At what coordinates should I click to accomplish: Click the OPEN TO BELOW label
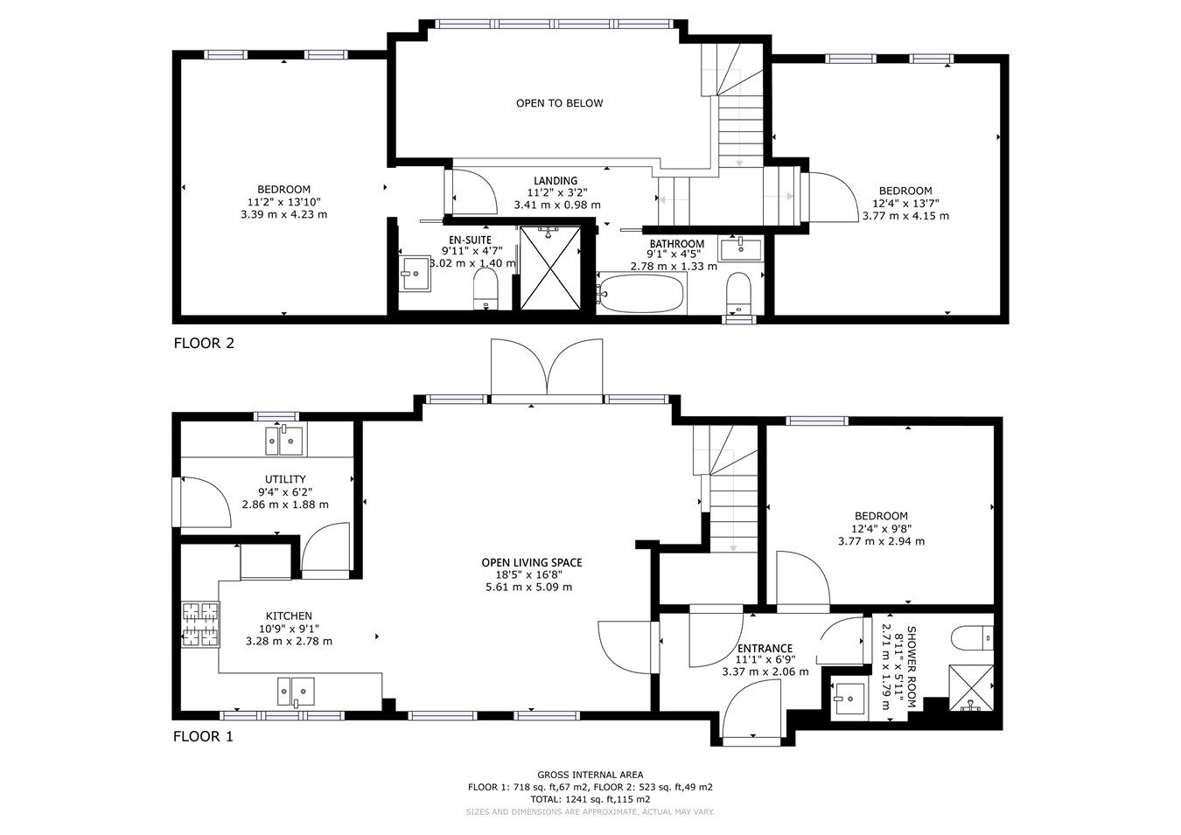pyautogui.click(x=559, y=103)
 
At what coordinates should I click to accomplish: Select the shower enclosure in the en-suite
pyautogui.click(x=549, y=268)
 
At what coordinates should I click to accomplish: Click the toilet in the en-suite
pyautogui.click(x=485, y=288)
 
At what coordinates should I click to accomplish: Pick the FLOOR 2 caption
pyautogui.click(x=204, y=344)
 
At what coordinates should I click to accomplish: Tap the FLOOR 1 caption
pyautogui.click(x=203, y=736)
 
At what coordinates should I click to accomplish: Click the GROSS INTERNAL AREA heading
pyautogui.click(x=590, y=775)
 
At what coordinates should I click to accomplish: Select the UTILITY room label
pyautogui.click(x=285, y=479)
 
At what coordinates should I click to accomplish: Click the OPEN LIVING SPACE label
pyautogui.click(x=531, y=563)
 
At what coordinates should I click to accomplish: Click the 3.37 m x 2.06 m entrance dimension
pyautogui.click(x=765, y=671)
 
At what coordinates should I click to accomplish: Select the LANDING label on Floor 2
pyautogui.click(x=556, y=181)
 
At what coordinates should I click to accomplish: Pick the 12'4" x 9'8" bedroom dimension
pyautogui.click(x=881, y=529)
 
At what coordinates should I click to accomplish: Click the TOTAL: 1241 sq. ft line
pyautogui.click(x=590, y=799)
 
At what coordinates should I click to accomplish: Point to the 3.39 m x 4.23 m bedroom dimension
pyautogui.click(x=283, y=214)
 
